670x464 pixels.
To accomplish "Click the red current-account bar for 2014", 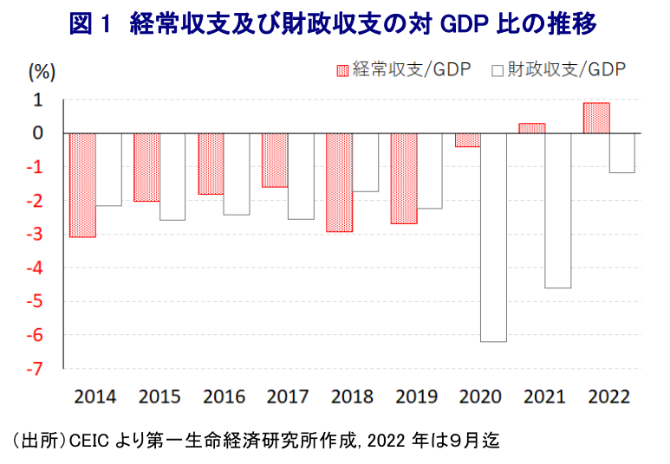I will pyautogui.click(x=82, y=185).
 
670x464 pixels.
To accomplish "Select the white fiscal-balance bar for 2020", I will pyautogui.click(x=493, y=237).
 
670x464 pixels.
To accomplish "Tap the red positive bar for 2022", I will pyautogui.click(x=596, y=118).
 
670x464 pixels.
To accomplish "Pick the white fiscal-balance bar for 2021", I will pyautogui.click(x=557, y=210).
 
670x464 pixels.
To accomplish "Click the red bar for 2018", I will pyautogui.click(x=340, y=183).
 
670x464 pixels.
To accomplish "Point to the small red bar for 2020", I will pyautogui.click(x=467, y=140).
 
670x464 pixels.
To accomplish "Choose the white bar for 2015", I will pyautogui.click(x=172, y=177).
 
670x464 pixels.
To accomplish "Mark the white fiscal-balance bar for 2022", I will pyautogui.click(x=621, y=153).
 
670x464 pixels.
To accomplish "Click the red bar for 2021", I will pyautogui.click(x=532, y=128).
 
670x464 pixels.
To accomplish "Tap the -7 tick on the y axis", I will pyautogui.click(x=37, y=369).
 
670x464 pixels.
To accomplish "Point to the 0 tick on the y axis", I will pyautogui.click(x=39, y=134).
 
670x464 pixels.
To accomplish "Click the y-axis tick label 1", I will pyautogui.click(x=39, y=100).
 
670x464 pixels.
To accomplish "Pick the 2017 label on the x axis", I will pyautogui.click(x=288, y=397).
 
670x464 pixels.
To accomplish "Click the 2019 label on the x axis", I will pyautogui.click(x=417, y=397).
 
